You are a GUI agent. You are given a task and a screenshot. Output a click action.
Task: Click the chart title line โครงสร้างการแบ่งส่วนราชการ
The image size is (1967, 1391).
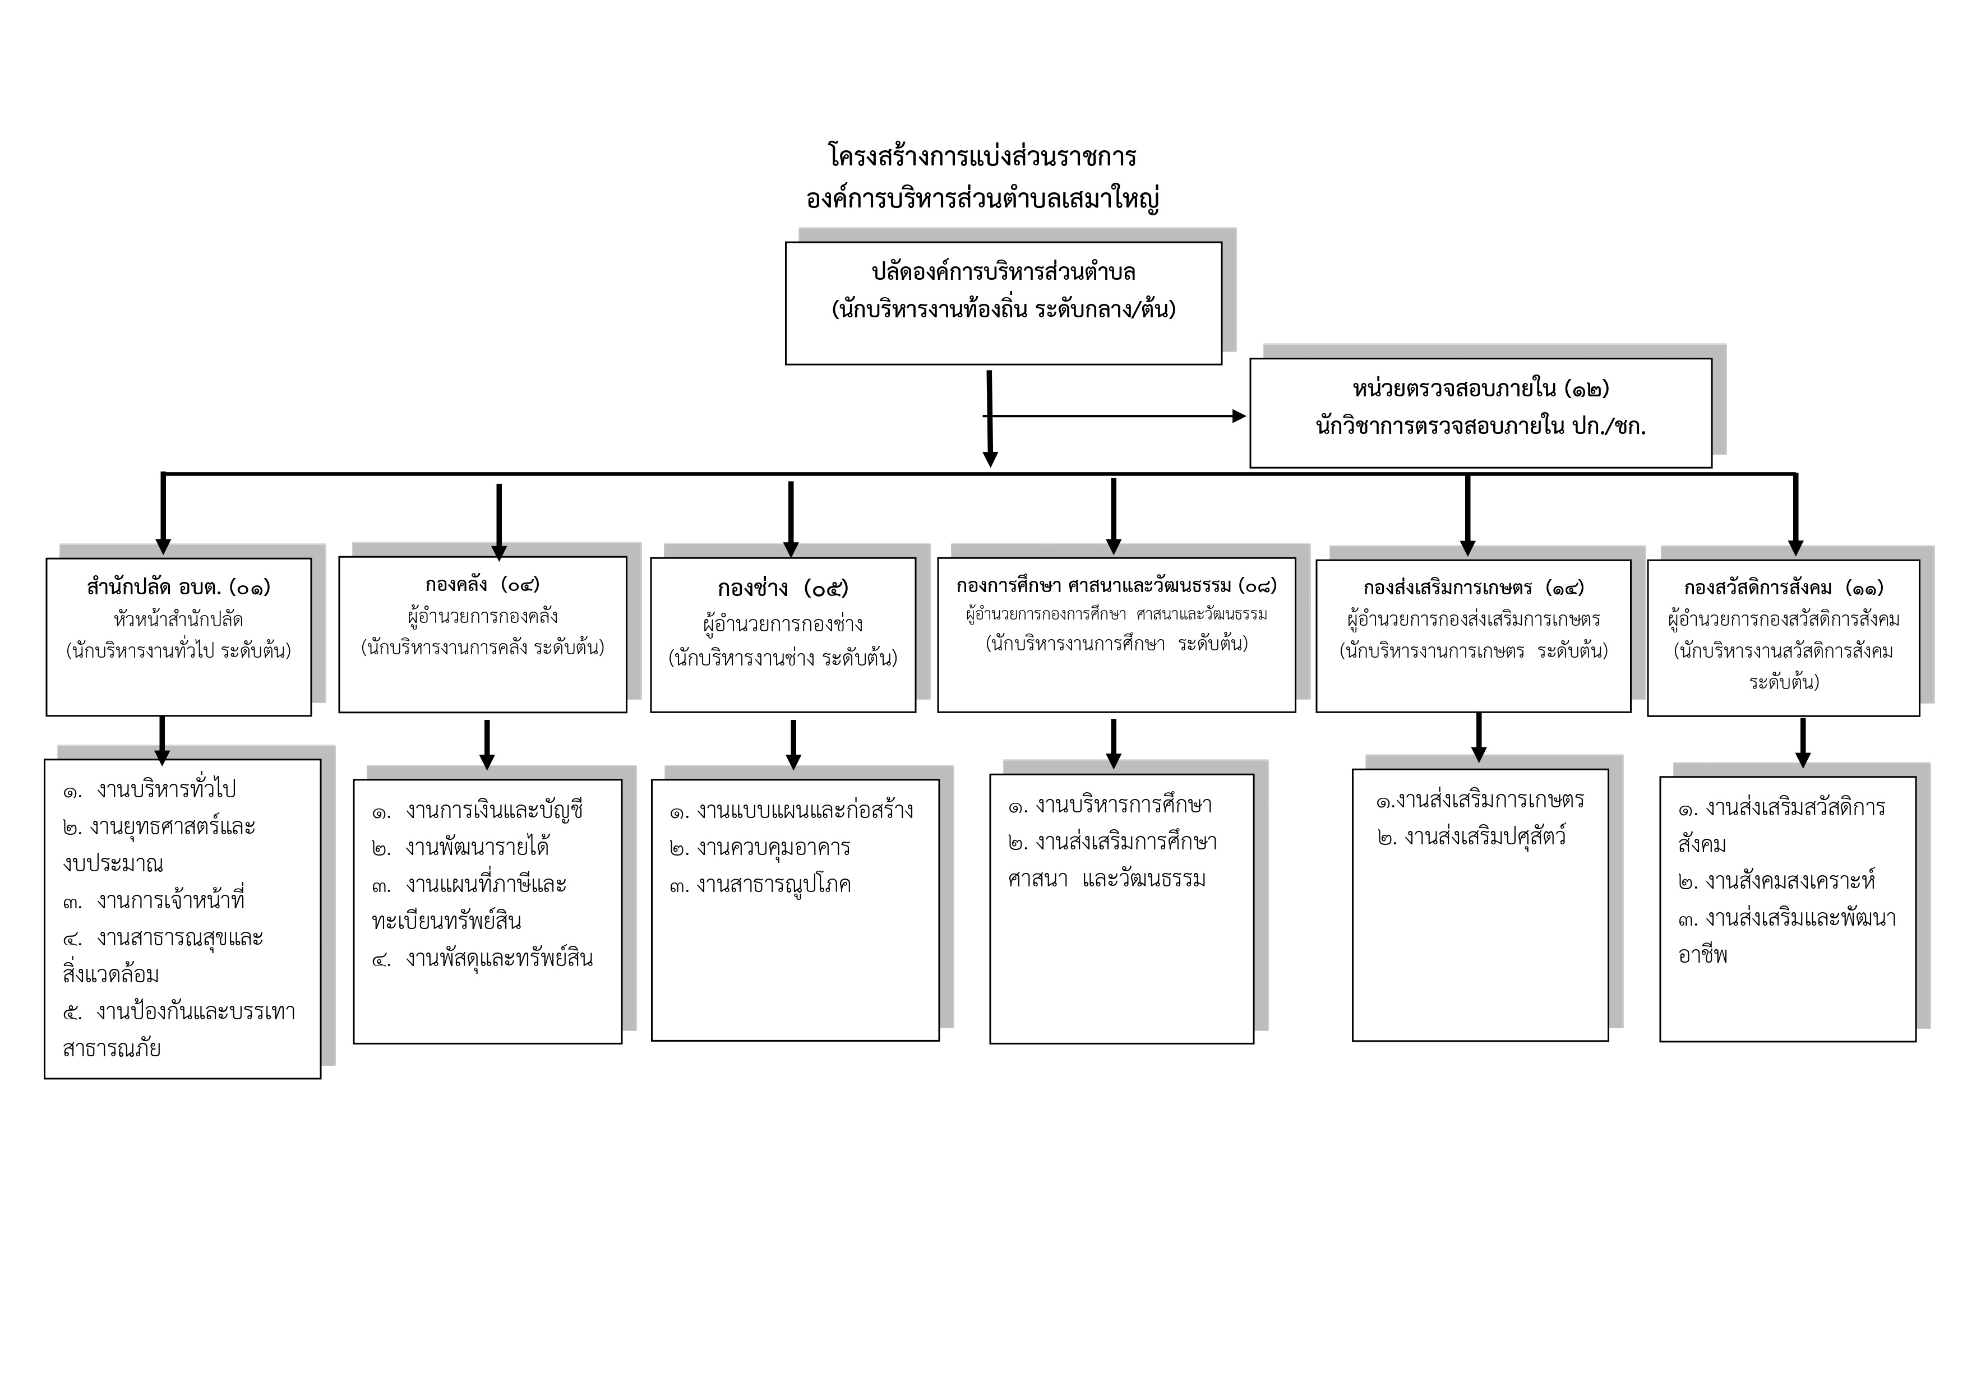pyautogui.click(x=982, y=157)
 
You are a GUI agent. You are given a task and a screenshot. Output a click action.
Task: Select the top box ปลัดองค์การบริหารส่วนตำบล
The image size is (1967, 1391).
pyautogui.click(x=1003, y=303)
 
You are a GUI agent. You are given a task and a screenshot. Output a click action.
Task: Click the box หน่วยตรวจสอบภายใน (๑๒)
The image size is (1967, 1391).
pyautogui.click(x=1480, y=413)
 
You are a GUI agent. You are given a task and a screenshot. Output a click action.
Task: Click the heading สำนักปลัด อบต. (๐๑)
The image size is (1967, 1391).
pyautogui.click(x=178, y=588)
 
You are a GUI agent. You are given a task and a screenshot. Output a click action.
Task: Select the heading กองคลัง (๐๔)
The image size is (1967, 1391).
pyautogui.click(x=482, y=585)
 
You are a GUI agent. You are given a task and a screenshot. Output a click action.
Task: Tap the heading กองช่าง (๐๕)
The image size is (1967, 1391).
pyautogui.click(x=783, y=589)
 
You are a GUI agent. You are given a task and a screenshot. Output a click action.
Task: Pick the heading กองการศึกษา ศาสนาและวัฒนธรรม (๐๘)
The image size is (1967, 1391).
pyautogui.click(x=1116, y=586)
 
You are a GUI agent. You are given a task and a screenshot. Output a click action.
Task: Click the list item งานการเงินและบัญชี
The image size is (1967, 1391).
pyautogui.click(x=495, y=810)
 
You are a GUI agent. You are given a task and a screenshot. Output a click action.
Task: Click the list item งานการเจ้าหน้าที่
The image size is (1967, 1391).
pyautogui.click(x=172, y=901)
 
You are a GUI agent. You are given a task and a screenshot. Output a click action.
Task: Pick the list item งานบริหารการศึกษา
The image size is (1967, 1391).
pyautogui.click(x=1124, y=805)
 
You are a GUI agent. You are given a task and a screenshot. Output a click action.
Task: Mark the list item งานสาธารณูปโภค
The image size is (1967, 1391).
pyautogui.click(x=774, y=885)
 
